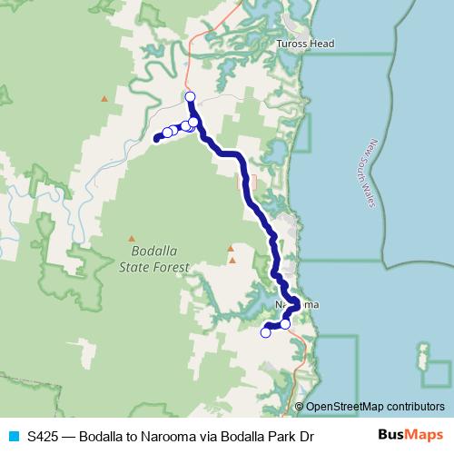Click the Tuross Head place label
click(x=305, y=44)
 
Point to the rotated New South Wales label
click(x=371, y=173)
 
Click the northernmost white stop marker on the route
click(x=190, y=96)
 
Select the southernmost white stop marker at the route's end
click(x=266, y=332)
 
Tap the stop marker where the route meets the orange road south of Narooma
click(x=285, y=324)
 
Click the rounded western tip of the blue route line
click(x=157, y=139)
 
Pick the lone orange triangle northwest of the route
click(x=104, y=98)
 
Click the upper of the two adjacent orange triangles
click(x=232, y=248)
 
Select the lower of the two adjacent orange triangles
click(x=232, y=261)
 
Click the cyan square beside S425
click(x=13, y=436)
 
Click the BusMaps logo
click(x=410, y=435)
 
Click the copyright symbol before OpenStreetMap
click(x=301, y=407)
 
